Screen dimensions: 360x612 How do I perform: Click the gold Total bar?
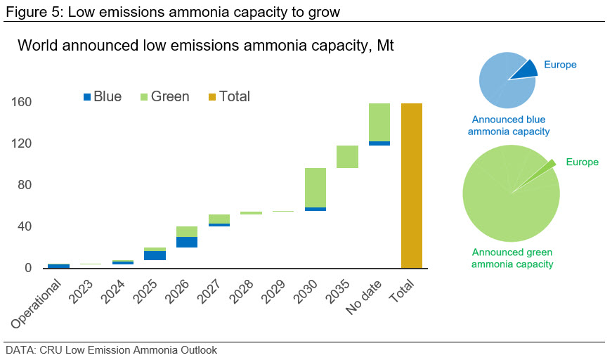click(412, 186)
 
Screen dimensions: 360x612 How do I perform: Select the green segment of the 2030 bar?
click(315, 188)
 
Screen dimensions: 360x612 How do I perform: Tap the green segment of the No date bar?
click(379, 122)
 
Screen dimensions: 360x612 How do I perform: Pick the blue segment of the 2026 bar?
click(186, 242)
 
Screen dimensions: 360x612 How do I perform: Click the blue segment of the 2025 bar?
click(154, 255)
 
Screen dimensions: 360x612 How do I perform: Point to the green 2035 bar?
click(347, 157)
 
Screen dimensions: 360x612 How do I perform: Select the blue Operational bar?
click(58, 266)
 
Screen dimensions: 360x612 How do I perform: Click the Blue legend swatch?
click(87, 97)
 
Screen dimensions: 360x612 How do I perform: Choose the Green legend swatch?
click(144, 97)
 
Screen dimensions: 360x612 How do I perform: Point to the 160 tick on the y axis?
click(22, 103)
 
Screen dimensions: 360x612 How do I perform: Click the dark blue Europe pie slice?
click(524, 69)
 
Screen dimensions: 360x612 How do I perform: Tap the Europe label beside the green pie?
click(582, 162)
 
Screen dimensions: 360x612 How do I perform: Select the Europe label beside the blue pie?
click(560, 65)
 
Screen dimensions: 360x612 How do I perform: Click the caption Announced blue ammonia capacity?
click(509, 126)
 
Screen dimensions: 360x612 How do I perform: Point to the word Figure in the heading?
click(22, 11)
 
